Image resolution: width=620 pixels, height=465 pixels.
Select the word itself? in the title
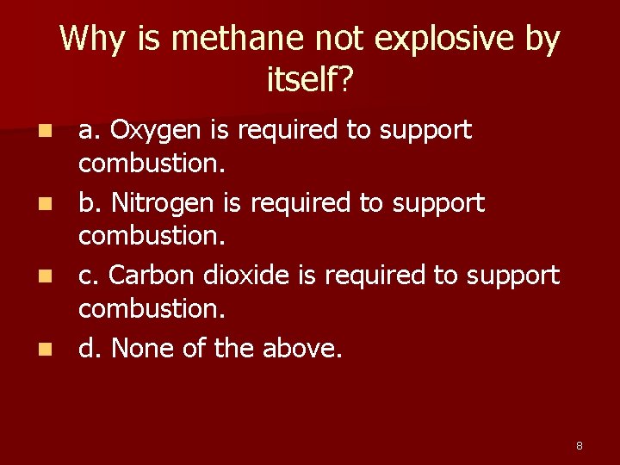click(311, 81)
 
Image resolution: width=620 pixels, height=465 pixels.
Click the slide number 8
click(579, 445)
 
